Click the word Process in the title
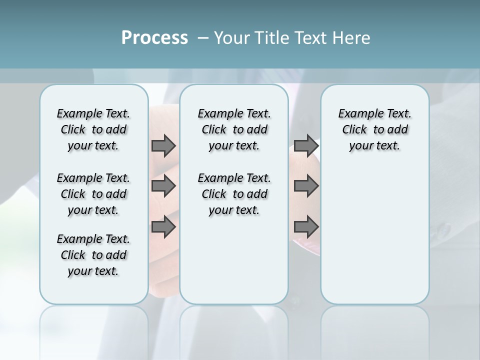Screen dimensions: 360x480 [x=154, y=38]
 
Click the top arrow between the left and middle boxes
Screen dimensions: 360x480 [x=163, y=146]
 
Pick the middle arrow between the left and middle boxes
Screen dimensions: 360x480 [x=163, y=186]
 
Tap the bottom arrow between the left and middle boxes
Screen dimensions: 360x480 [x=163, y=227]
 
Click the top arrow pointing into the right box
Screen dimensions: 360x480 [x=306, y=146]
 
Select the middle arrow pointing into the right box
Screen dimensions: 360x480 [x=306, y=186]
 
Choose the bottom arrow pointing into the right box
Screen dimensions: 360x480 [x=306, y=227]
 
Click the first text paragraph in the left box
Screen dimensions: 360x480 [x=93, y=129]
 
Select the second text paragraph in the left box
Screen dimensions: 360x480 [x=93, y=194]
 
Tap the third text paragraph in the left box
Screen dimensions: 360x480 [x=93, y=255]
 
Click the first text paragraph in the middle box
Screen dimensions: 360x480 [x=234, y=129]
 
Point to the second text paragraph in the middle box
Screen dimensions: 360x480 [x=234, y=194]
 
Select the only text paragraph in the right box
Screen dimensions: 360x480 [x=374, y=129]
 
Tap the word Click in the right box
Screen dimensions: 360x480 [x=354, y=130]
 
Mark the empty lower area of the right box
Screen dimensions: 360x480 [x=374, y=235]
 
